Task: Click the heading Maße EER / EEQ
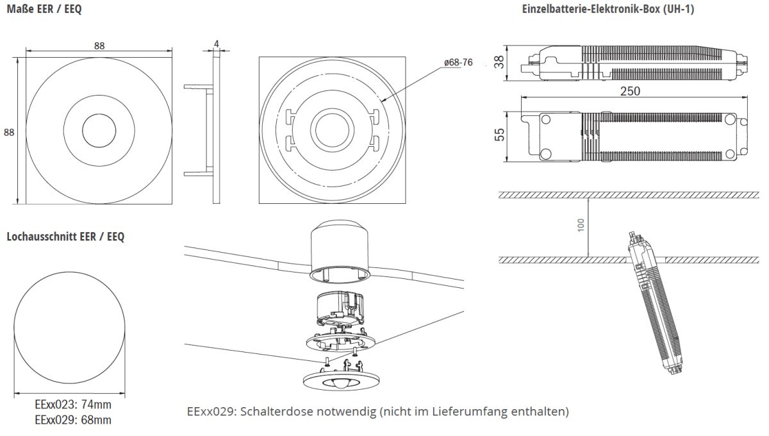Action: (x=44, y=10)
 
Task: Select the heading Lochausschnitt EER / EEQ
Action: (x=65, y=237)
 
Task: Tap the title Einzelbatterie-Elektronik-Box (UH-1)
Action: (x=608, y=10)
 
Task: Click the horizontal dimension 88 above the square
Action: (x=99, y=46)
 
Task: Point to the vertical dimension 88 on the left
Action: (x=9, y=132)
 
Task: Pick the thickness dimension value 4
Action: (x=217, y=44)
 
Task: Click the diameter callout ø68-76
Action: (x=458, y=62)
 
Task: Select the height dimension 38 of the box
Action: (x=499, y=62)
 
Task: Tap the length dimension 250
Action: (x=631, y=91)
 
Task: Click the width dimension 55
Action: (x=499, y=133)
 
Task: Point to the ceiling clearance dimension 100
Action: (x=581, y=224)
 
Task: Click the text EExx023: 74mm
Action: (x=72, y=405)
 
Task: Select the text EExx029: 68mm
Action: (x=72, y=420)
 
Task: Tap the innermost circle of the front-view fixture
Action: (x=99, y=131)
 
